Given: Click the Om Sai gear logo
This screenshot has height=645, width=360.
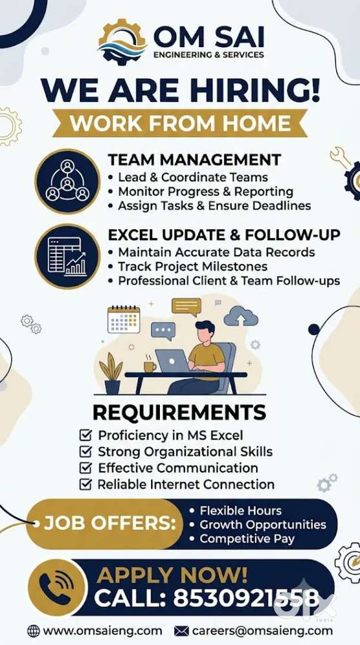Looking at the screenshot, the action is click(123, 41).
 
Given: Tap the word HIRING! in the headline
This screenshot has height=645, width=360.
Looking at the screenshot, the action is click(254, 90).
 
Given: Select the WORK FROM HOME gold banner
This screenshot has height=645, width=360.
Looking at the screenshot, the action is click(180, 123).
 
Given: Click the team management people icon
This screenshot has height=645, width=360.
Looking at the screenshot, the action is click(67, 181).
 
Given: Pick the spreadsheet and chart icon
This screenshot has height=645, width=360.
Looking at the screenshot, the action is click(67, 256).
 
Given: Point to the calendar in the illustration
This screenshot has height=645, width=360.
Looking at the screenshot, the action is click(124, 319).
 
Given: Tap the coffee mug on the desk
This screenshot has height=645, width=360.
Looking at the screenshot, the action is click(150, 366).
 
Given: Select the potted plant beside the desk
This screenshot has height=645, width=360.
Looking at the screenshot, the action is click(111, 373).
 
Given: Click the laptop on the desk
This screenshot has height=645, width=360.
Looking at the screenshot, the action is click(172, 361).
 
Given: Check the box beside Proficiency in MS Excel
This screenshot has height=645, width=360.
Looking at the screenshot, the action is click(85, 435).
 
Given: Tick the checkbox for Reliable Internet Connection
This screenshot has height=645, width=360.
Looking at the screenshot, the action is click(85, 485).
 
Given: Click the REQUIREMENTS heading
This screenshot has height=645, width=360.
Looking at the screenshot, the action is click(179, 413).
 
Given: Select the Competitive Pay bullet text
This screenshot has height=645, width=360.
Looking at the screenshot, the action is click(247, 539).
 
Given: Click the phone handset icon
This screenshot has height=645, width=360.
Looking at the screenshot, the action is click(57, 588).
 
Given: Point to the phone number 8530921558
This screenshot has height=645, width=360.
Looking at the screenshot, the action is click(246, 598).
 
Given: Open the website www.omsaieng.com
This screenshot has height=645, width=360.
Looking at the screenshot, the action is click(103, 631).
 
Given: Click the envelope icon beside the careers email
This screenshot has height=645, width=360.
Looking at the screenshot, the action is click(181, 631).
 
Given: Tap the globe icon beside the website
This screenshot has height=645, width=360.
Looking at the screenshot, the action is click(34, 631).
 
